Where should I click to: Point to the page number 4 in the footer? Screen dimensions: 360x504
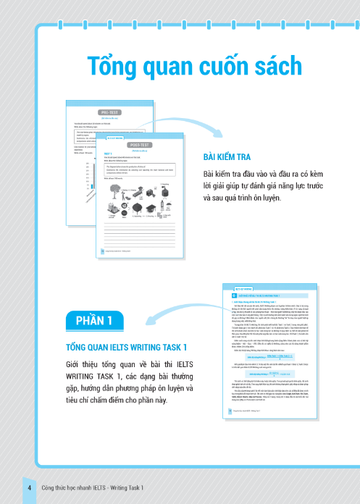(x=29, y=488)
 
